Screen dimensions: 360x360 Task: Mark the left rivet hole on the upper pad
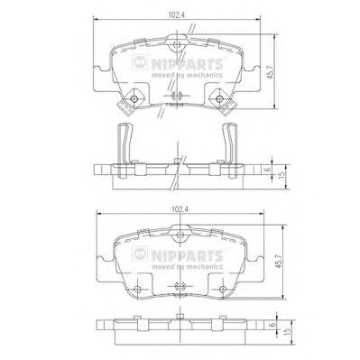134,99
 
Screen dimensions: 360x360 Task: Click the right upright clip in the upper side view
230,143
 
